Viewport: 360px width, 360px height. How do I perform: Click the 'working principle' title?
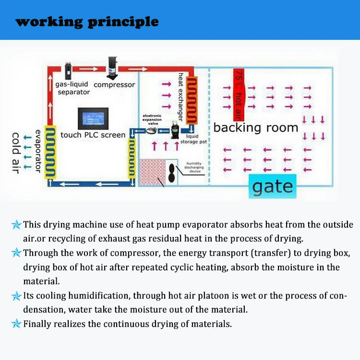click(87, 22)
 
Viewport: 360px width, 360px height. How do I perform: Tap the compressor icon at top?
click(113, 69)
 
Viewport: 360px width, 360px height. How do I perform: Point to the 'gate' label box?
click(272, 186)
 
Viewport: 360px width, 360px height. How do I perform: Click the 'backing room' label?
click(256, 128)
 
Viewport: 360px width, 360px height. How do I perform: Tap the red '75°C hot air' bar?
click(239, 95)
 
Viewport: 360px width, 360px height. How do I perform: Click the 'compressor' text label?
click(114, 85)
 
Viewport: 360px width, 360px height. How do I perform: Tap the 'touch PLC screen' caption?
click(93, 135)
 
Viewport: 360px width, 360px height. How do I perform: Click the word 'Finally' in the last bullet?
click(37, 324)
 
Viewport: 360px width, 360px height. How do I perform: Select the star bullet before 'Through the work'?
click(16, 252)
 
